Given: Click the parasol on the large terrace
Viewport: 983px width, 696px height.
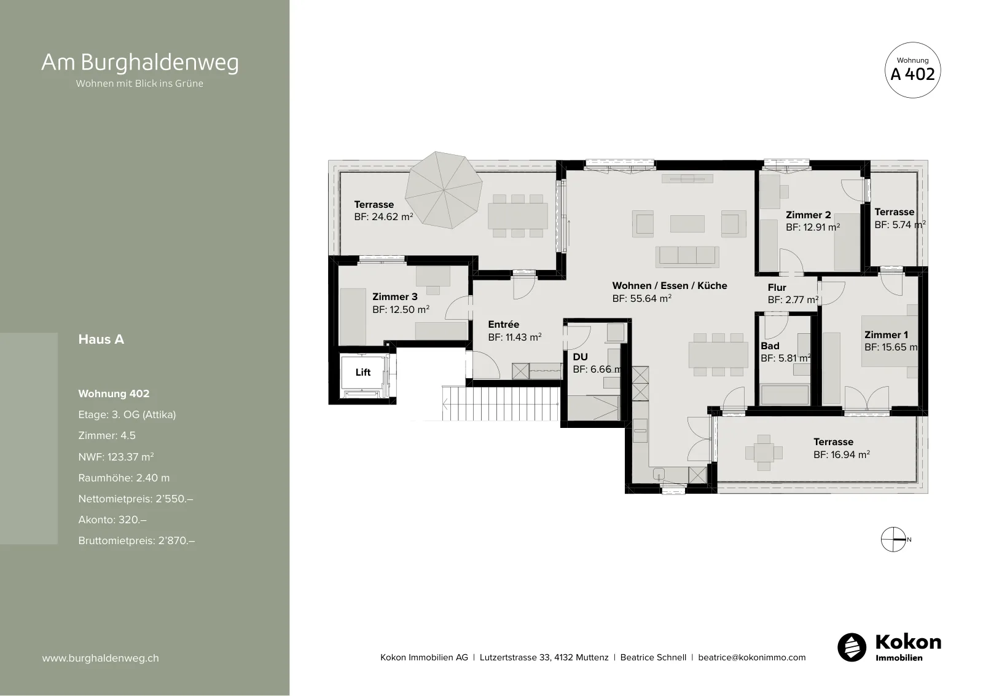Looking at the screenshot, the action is coord(443,190).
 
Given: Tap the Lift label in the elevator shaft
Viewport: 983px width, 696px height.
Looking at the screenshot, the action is coord(363,373).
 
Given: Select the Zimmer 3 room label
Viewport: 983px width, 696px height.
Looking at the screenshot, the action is coord(395,297).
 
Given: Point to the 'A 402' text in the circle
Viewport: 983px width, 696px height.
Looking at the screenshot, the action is coord(912,74).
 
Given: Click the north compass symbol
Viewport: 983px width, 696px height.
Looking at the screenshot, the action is coord(893,539).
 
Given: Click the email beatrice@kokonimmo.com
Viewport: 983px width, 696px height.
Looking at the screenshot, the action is coord(752,657).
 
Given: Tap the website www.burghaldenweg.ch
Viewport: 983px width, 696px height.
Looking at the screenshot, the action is coord(101,658).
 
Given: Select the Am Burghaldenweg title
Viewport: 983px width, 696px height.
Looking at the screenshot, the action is coord(140,62).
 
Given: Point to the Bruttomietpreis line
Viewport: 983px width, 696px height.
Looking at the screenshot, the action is coord(136,540).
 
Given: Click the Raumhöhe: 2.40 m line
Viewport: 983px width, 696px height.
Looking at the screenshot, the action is coord(123,478).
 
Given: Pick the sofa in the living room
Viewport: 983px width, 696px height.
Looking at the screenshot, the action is coord(687,256).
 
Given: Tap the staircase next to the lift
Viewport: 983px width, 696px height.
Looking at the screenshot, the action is coord(500,403).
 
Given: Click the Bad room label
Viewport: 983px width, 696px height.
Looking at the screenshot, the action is coord(770,346).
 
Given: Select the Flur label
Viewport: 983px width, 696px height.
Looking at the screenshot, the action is coord(777,288).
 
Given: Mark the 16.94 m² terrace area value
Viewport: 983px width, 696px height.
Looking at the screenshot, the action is coord(841,454).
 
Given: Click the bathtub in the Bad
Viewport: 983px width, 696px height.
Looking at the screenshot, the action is coord(784,395).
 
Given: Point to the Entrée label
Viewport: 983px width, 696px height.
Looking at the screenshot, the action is coord(503,325).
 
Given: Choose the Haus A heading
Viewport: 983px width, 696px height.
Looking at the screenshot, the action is coord(101,339).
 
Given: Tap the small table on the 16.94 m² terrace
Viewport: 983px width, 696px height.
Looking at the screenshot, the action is coord(764,453).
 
